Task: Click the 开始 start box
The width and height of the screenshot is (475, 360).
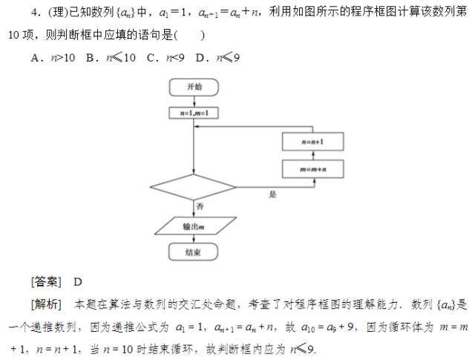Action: pyautogui.click(x=194, y=87)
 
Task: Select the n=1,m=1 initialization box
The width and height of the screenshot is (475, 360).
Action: pyautogui.click(x=194, y=114)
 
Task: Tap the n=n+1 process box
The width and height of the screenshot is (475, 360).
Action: pyautogui.click(x=312, y=141)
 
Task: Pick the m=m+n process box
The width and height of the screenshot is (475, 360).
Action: pyautogui.click(x=312, y=169)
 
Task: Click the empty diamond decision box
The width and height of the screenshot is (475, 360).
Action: pyautogui.click(x=194, y=187)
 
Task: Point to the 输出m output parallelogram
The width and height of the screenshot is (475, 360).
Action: pyautogui.click(x=194, y=224)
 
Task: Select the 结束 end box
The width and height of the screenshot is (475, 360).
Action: pyautogui.click(x=194, y=252)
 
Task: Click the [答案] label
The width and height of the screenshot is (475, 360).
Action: pyautogui.click(x=46, y=281)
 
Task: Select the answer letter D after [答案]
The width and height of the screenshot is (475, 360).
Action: pyautogui.click(x=78, y=281)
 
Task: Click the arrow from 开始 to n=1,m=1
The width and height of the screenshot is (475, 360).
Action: pyautogui.click(x=194, y=101)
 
